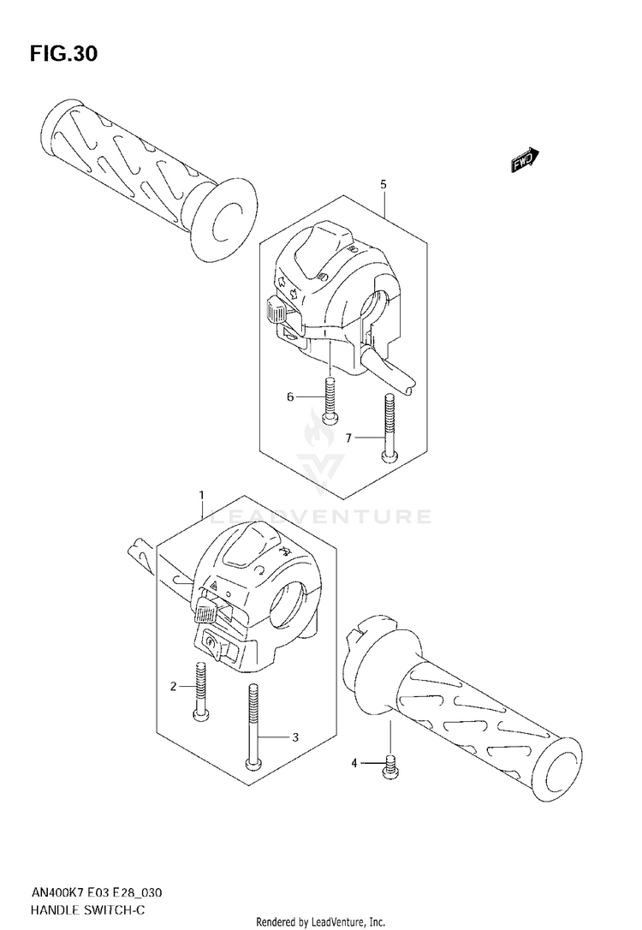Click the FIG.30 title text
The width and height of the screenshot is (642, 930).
pos(64,54)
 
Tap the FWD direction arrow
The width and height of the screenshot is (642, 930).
pos(525,160)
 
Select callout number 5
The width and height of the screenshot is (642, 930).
pos(383,184)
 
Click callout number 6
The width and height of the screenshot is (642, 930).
pos(290,396)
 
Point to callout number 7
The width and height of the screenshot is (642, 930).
pos(348,438)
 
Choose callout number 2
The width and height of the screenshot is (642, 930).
pos(174,687)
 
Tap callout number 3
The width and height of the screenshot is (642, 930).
pos(294,737)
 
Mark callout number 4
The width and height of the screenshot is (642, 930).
pos(354,763)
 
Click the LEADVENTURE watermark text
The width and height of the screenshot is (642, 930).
pos(321,516)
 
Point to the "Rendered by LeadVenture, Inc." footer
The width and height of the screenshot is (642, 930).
pos(321,921)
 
